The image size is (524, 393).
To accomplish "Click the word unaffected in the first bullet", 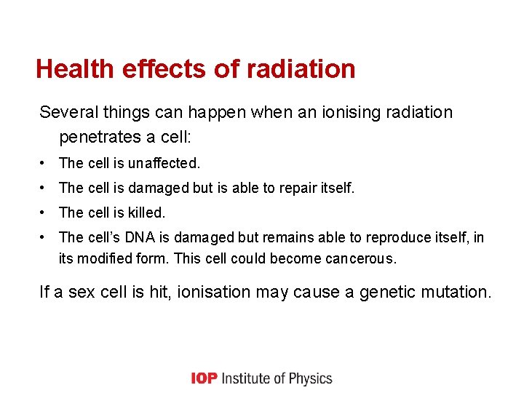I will pos(163,164).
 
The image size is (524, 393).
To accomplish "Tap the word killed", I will pos(146,213).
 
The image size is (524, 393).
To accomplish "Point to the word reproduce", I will pos(399,238).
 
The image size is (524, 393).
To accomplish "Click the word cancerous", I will pos(362,258).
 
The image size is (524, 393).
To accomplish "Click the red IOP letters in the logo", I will pos(204,378).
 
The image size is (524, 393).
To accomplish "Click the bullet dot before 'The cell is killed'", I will pos(45,213).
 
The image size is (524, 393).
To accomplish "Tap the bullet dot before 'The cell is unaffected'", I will pos(45,164).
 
